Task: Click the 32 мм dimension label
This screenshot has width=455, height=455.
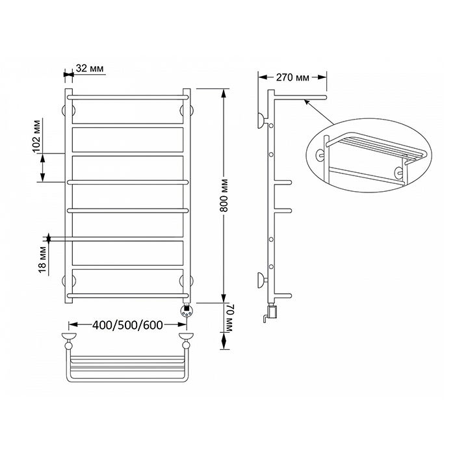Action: pyautogui.click(x=90, y=68)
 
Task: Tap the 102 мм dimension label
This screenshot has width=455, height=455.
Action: pyautogui.click(x=36, y=135)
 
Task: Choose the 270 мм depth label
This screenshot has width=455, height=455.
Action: pyautogui.click(x=292, y=77)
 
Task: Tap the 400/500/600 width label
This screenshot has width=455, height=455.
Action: pyautogui.click(x=127, y=325)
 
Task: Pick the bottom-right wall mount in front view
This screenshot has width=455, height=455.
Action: pyautogui.click(x=186, y=281)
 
